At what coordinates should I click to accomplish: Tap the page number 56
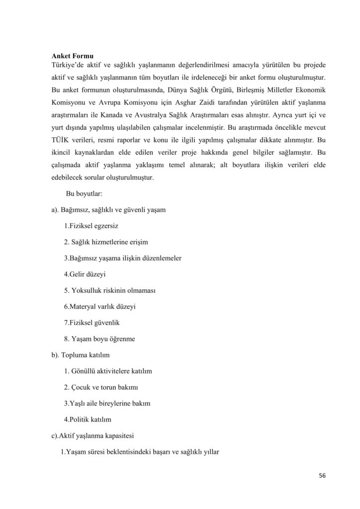(x=322, y=476)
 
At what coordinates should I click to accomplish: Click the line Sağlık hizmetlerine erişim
(x=106, y=242)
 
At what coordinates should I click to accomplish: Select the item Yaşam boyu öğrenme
(x=99, y=339)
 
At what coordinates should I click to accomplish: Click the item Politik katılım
(x=88, y=420)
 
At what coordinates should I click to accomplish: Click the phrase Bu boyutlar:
(x=84, y=193)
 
